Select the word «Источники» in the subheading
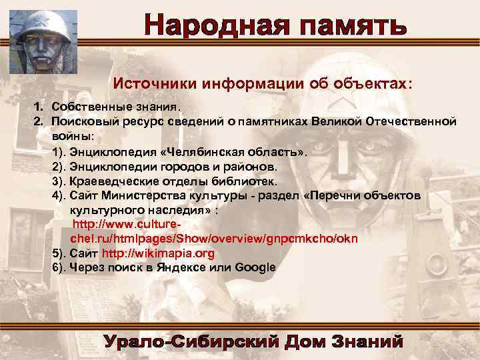click(x=149, y=85)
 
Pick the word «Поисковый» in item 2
click(x=83, y=121)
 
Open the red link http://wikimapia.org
click(x=158, y=253)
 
